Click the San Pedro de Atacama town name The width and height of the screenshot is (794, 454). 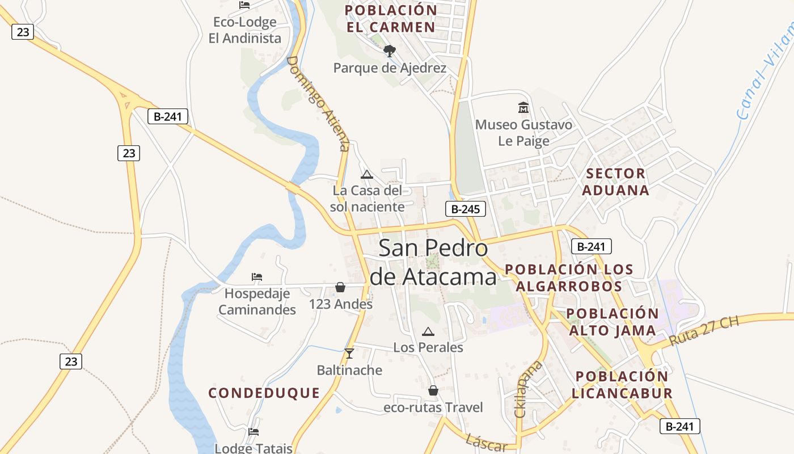pos(433,262)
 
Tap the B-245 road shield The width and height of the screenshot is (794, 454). pos(466,209)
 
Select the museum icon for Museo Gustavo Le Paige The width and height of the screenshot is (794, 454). pos(523,107)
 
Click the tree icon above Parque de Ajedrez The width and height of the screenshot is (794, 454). pos(389,51)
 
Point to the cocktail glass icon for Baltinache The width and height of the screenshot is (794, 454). pos(349,354)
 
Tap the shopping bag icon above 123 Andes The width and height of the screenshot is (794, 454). pos(340,287)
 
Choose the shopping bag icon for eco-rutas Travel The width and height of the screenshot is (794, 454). pos(433,390)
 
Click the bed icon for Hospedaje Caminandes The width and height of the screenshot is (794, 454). pos(257,277)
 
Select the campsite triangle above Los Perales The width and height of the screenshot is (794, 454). pos(428,331)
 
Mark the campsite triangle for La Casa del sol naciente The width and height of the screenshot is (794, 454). pos(367,174)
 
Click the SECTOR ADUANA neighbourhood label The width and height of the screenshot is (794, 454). pos(615,182)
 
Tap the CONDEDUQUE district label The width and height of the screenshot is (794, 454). pos(264,393)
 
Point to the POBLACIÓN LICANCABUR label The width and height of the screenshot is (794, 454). pos(622,384)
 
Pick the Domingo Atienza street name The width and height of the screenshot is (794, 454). pos(318,103)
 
